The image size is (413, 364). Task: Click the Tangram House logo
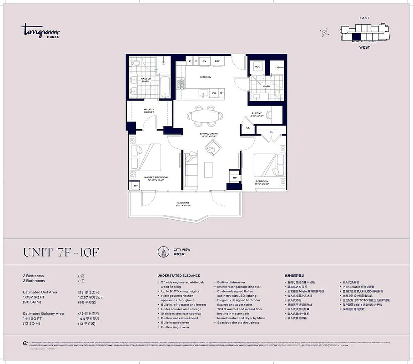tap(40, 31)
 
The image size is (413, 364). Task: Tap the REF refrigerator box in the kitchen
tap(217, 61)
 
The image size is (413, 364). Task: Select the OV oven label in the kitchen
tap(204, 61)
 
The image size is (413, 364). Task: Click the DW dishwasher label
tap(213, 93)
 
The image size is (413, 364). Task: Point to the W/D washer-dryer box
tap(257, 67)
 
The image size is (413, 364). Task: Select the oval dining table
tap(205, 116)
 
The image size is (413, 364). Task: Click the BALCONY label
tap(183, 203)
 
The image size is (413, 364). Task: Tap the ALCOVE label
tap(257, 114)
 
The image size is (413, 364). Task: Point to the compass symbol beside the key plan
tap(325, 33)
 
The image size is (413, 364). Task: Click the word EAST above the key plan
tap(364, 18)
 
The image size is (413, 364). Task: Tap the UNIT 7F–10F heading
tap(61, 252)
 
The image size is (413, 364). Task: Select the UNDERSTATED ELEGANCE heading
tap(178, 276)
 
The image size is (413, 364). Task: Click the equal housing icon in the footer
tap(25, 342)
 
